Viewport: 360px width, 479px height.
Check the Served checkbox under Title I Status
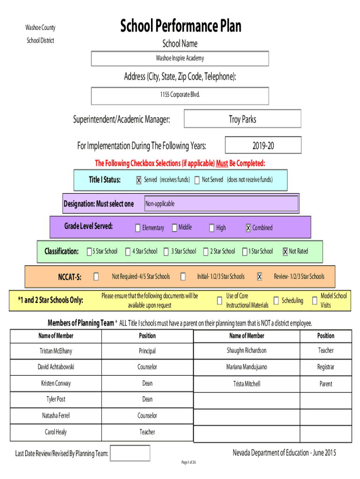(139, 180)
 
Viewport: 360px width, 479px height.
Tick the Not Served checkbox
(197, 180)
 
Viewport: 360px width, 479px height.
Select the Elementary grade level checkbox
(138, 228)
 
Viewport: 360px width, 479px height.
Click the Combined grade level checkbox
(248, 228)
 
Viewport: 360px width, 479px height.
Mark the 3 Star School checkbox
(166, 252)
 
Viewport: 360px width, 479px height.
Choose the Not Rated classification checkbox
(285, 252)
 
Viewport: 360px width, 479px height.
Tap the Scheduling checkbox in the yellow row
(276, 301)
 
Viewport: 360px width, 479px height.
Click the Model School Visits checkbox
(315, 301)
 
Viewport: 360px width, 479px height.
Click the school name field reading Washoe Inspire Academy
(180, 58)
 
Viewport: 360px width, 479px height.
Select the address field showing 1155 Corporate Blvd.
(180, 96)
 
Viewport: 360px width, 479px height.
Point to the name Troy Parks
(243, 119)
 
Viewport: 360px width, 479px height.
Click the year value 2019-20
(263, 146)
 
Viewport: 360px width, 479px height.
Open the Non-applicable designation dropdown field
(221, 204)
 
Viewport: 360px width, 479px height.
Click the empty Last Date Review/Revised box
(130, 453)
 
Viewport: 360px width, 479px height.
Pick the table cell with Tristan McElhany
(56, 351)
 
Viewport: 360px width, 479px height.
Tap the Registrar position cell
(326, 367)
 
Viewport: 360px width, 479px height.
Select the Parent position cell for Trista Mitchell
(326, 384)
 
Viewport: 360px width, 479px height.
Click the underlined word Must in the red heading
(222, 163)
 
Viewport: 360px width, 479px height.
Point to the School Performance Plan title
(181, 26)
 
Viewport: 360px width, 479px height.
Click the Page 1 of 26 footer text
(189, 462)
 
